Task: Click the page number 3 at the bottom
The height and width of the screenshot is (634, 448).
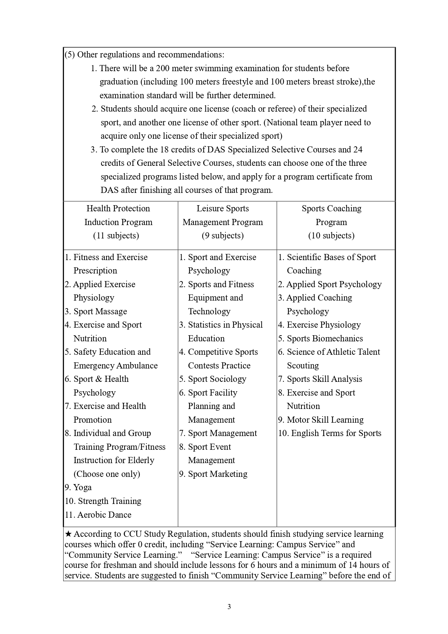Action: coord(229,607)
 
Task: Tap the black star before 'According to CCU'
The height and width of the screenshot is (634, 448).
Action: coord(68,534)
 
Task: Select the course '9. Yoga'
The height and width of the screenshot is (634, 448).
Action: coord(78,488)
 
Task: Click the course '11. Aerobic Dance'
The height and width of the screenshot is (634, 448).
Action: coord(98,515)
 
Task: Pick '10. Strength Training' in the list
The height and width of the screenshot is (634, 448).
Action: coord(103,501)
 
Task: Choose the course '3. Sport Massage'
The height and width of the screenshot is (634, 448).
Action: coord(96,311)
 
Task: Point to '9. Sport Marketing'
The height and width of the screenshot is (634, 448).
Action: coord(213,474)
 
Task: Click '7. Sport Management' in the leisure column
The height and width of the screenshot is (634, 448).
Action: coord(218,433)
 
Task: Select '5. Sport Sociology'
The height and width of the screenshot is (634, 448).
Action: coord(213,379)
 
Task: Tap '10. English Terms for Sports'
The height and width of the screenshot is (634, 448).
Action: coord(330,433)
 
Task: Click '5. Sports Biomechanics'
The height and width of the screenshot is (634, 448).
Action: coord(320,338)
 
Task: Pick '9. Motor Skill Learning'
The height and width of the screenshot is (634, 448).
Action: coord(321,420)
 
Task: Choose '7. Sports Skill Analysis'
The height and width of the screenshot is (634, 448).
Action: coord(320,379)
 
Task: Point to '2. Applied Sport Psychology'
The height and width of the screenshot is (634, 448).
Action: coord(330,284)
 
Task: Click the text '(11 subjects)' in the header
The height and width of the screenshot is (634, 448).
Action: coord(116,236)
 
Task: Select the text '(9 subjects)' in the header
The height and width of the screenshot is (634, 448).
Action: coord(223,236)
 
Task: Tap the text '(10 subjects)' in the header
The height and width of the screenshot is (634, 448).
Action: coord(331,236)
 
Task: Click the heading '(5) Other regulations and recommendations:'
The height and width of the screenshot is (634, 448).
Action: coord(144,55)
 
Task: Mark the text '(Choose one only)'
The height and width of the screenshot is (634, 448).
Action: coord(107,474)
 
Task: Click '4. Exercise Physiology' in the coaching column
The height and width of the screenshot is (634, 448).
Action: coord(319,325)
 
